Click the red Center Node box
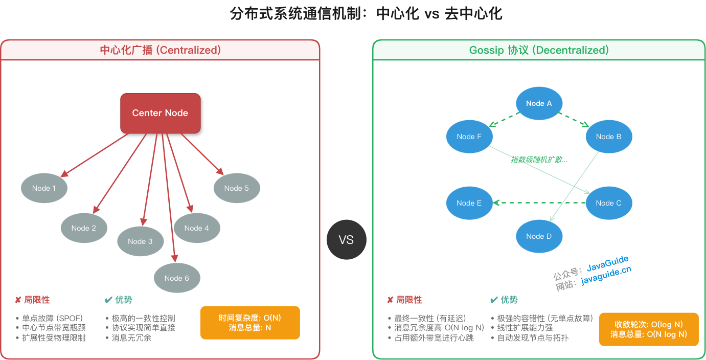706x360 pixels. (x=160, y=113)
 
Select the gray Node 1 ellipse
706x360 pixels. (x=44, y=188)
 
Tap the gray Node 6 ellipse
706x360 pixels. (x=177, y=278)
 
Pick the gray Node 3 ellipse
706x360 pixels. (x=140, y=241)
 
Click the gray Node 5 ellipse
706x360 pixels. (x=237, y=188)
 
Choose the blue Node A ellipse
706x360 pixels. (x=539, y=103)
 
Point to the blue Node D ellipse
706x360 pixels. (x=539, y=236)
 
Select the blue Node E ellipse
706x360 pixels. (x=469, y=203)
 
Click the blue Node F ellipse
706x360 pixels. (x=469, y=137)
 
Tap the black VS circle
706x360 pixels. (x=346, y=240)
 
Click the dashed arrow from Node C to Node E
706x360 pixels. (x=539, y=203)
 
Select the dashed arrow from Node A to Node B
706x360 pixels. (x=574, y=120)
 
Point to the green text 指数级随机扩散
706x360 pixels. (x=539, y=160)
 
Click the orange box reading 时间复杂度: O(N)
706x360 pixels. (x=250, y=323)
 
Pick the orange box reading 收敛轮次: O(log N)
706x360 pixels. (x=648, y=329)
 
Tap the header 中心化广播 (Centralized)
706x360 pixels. (x=160, y=50)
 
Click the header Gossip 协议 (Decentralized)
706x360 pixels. (x=539, y=50)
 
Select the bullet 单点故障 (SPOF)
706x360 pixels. (x=52, y=318)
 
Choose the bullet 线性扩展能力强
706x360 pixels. (x=525, y=328)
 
